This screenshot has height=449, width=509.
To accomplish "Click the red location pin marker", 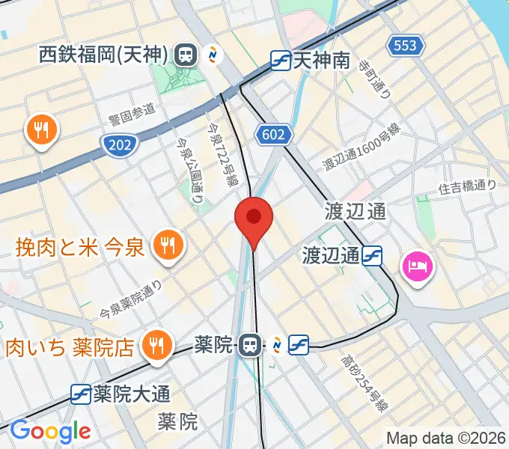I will [x=254, y=219].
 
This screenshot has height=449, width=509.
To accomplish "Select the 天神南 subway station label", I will [x=321, y=59].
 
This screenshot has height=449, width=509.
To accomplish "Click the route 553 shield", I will [x=404, y=46].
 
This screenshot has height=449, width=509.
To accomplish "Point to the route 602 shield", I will [x=273, y=134].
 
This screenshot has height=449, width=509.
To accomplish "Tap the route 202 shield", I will [x=116, y=143].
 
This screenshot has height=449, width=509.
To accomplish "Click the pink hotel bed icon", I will [x=416, y=266].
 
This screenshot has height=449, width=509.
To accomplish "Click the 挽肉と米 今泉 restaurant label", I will [x=79, y=247].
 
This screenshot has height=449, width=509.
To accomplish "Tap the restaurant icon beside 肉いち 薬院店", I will [x=155, y=346].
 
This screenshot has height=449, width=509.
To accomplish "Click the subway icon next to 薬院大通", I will [x=82, y=392].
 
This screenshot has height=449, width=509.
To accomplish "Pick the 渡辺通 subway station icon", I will [x=373, y=257].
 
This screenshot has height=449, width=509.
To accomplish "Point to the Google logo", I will [x=50, y=431].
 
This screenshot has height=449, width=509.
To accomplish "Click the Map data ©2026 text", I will [x=446, y=438].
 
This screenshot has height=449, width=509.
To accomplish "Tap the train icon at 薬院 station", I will [x=249, y=345].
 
